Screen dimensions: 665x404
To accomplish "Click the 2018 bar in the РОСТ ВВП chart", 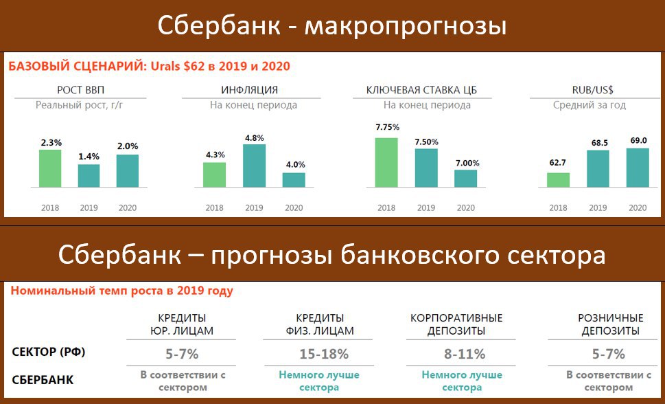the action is click(50, 168).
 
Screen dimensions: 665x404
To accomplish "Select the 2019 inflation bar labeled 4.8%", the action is click(254, 166).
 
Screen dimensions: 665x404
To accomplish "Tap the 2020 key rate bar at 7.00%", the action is click(466, 179).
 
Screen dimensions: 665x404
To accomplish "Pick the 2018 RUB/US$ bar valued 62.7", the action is click(558, 180).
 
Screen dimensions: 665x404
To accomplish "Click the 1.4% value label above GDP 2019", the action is click(89, 157).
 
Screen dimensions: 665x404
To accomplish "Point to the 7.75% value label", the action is click(387, 127).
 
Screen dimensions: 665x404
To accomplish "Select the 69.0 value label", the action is click(638, 140).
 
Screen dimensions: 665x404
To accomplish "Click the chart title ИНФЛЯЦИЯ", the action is click(249, 90).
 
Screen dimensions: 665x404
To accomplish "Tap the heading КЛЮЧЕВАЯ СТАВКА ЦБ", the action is click(421, 90).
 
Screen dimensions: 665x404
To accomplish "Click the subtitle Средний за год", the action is click(589, 105).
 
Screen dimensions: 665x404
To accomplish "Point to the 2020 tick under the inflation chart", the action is click(294, 207).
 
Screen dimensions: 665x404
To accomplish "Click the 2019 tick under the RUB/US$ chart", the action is click(598, 207).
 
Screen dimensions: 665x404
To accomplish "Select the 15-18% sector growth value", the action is click(324, 354).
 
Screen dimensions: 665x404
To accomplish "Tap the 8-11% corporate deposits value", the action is click(465, 354).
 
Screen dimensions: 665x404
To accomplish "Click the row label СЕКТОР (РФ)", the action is click(48, 352).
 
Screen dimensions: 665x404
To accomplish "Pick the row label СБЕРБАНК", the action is click(43, 380).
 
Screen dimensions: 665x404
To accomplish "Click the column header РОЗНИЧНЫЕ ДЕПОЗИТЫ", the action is click(610, 324).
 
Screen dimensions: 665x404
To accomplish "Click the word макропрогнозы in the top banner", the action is click(406, 26).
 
